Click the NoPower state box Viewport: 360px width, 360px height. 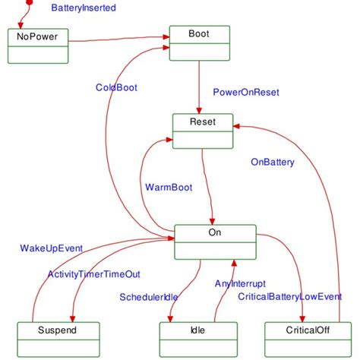(x=37, y=46)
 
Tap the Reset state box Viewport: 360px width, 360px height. (x=201, y=131)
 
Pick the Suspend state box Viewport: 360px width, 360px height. (x=58, y=339)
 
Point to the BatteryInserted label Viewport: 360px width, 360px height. (x=84, y=8)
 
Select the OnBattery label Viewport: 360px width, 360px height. (x=273, y=162)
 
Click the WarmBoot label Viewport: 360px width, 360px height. (x=168, y=187)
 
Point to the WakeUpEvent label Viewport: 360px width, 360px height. (x=52, y=248)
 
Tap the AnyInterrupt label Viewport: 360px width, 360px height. (x=240, y=283)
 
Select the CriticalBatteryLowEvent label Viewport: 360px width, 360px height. (x=289, y=296)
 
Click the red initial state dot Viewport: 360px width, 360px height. (x=29, y=2)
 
